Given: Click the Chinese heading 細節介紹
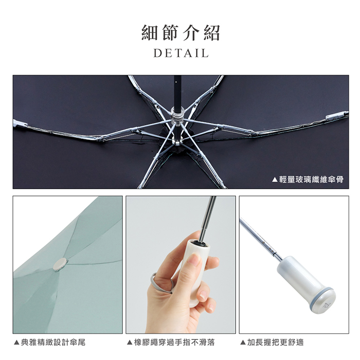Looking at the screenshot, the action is [181, 32].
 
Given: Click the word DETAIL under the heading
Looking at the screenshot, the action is [181, 53].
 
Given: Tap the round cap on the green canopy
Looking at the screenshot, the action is [60, 264].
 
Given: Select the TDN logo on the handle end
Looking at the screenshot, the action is [326, 305].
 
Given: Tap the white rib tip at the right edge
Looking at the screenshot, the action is [337, 116].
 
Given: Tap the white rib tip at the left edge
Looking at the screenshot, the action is [20, 123].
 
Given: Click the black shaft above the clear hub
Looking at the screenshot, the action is [177, 91].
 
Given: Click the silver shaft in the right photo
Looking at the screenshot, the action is [261, 239].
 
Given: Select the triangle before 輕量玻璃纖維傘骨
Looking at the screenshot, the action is [275, 179].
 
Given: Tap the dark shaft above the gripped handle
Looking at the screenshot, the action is [208, 219].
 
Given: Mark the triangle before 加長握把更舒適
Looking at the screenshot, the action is [243, 343].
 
